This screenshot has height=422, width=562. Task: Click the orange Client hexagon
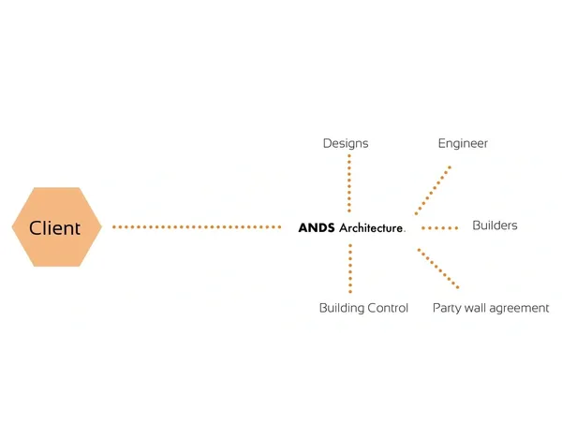point(56,226)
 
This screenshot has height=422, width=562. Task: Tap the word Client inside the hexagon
point(54,228)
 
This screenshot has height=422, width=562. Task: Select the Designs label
point(346,144)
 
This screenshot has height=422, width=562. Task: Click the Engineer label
point(463,144)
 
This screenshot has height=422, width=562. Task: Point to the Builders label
point(495,226)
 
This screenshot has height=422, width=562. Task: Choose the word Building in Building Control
point(341,308)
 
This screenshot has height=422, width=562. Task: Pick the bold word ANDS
point(317,228)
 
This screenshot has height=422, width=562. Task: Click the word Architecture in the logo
point(371,228)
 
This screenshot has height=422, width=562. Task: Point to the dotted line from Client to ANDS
point(197,227)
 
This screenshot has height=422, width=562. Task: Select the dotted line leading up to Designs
point(349,183)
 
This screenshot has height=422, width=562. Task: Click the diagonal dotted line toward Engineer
point(433,191)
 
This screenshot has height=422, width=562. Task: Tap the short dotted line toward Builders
point(440,228)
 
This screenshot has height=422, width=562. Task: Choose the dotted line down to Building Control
point(350,269)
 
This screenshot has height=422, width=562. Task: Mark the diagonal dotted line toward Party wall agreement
point(438,269)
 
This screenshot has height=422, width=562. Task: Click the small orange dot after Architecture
point(405,232)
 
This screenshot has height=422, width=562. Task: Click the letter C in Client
point(36,228)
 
